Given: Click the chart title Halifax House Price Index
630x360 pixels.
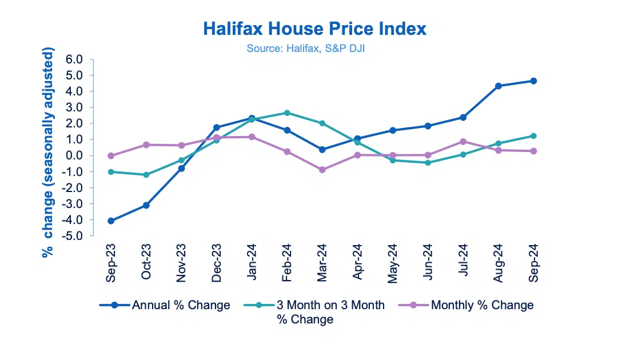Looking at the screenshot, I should [x=314, y=29].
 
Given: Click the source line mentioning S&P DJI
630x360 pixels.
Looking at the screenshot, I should [x=306, y=49].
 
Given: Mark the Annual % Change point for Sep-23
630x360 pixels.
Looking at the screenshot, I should [x=111, y=221].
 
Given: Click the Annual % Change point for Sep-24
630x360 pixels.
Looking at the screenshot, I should [x=533, y=81].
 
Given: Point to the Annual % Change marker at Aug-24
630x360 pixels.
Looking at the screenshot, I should [x=499, y=86].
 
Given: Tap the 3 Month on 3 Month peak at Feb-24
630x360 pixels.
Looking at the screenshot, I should [x=287, y=113].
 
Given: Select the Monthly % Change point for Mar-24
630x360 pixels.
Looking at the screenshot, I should [x=322, y=170].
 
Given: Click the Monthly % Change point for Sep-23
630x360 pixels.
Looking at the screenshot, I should [x=111, y=155].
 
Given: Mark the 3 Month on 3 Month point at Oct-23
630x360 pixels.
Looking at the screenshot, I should [x=146, y=175].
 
